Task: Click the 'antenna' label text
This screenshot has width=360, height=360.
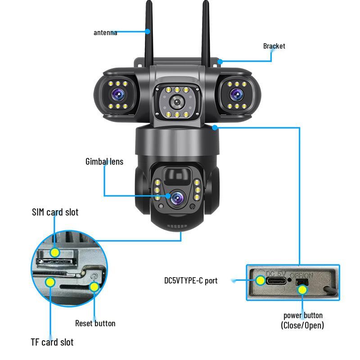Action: [x=105, y=32]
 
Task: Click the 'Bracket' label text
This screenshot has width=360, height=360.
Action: [x=274, y=46]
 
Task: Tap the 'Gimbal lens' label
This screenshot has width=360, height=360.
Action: [x=104, y=161]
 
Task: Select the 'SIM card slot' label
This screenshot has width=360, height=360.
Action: [x=55, y=212]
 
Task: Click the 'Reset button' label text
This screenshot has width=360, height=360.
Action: [x=95, y=323]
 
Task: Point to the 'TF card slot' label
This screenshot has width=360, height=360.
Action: [x=52, y=342]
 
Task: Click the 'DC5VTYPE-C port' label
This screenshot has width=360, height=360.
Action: [x=190, y=280]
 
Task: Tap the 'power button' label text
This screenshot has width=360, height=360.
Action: [x=302, y=315]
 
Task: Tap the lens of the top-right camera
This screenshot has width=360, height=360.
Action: [x=236, y=94]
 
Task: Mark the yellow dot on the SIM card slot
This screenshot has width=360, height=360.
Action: [x=54, y=252]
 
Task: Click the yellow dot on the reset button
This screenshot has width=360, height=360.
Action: [x=94, y=287]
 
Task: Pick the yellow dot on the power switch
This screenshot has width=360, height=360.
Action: [x=302, y=289]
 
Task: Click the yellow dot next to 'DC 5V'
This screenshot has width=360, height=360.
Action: [x=261, y=280]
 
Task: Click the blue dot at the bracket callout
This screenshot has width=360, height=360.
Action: [x=220, y=61]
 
